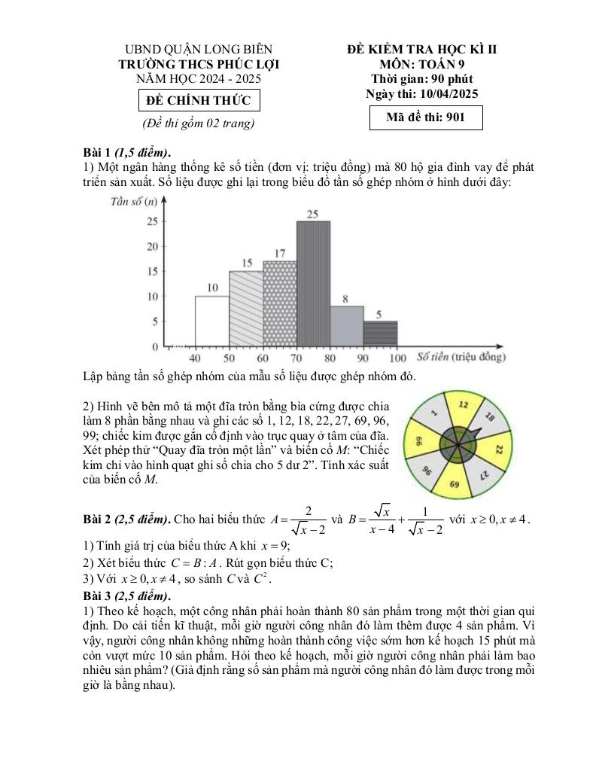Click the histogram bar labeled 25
click(312, 283)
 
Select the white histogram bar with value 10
click(211, 321)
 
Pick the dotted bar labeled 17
click(279, 303)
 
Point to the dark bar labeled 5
click(380, 334)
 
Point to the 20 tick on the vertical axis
click(152, 246)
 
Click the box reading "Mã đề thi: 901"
click(425, 118)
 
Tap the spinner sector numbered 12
click(464, 406)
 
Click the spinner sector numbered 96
click(427, 472)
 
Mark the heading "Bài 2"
click(100, 519)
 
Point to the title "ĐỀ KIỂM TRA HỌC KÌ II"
click(421, 50)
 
